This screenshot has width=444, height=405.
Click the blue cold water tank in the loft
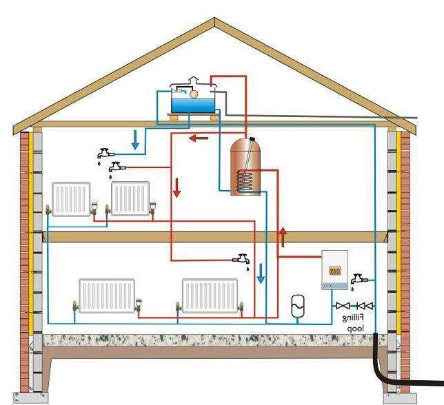[191, 103]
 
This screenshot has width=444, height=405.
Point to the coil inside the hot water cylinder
[244, 181]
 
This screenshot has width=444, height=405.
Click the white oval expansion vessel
[298, 304]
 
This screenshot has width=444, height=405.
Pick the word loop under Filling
[354, 329]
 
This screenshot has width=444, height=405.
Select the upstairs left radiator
[72, 198]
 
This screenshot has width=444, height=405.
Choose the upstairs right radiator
[130, 198]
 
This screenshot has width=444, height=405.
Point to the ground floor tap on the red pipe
[241, 260]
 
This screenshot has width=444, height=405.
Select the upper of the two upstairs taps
[105, 152]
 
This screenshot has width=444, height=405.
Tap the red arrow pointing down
[177, 187]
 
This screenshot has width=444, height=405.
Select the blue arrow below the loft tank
[135, 140]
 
